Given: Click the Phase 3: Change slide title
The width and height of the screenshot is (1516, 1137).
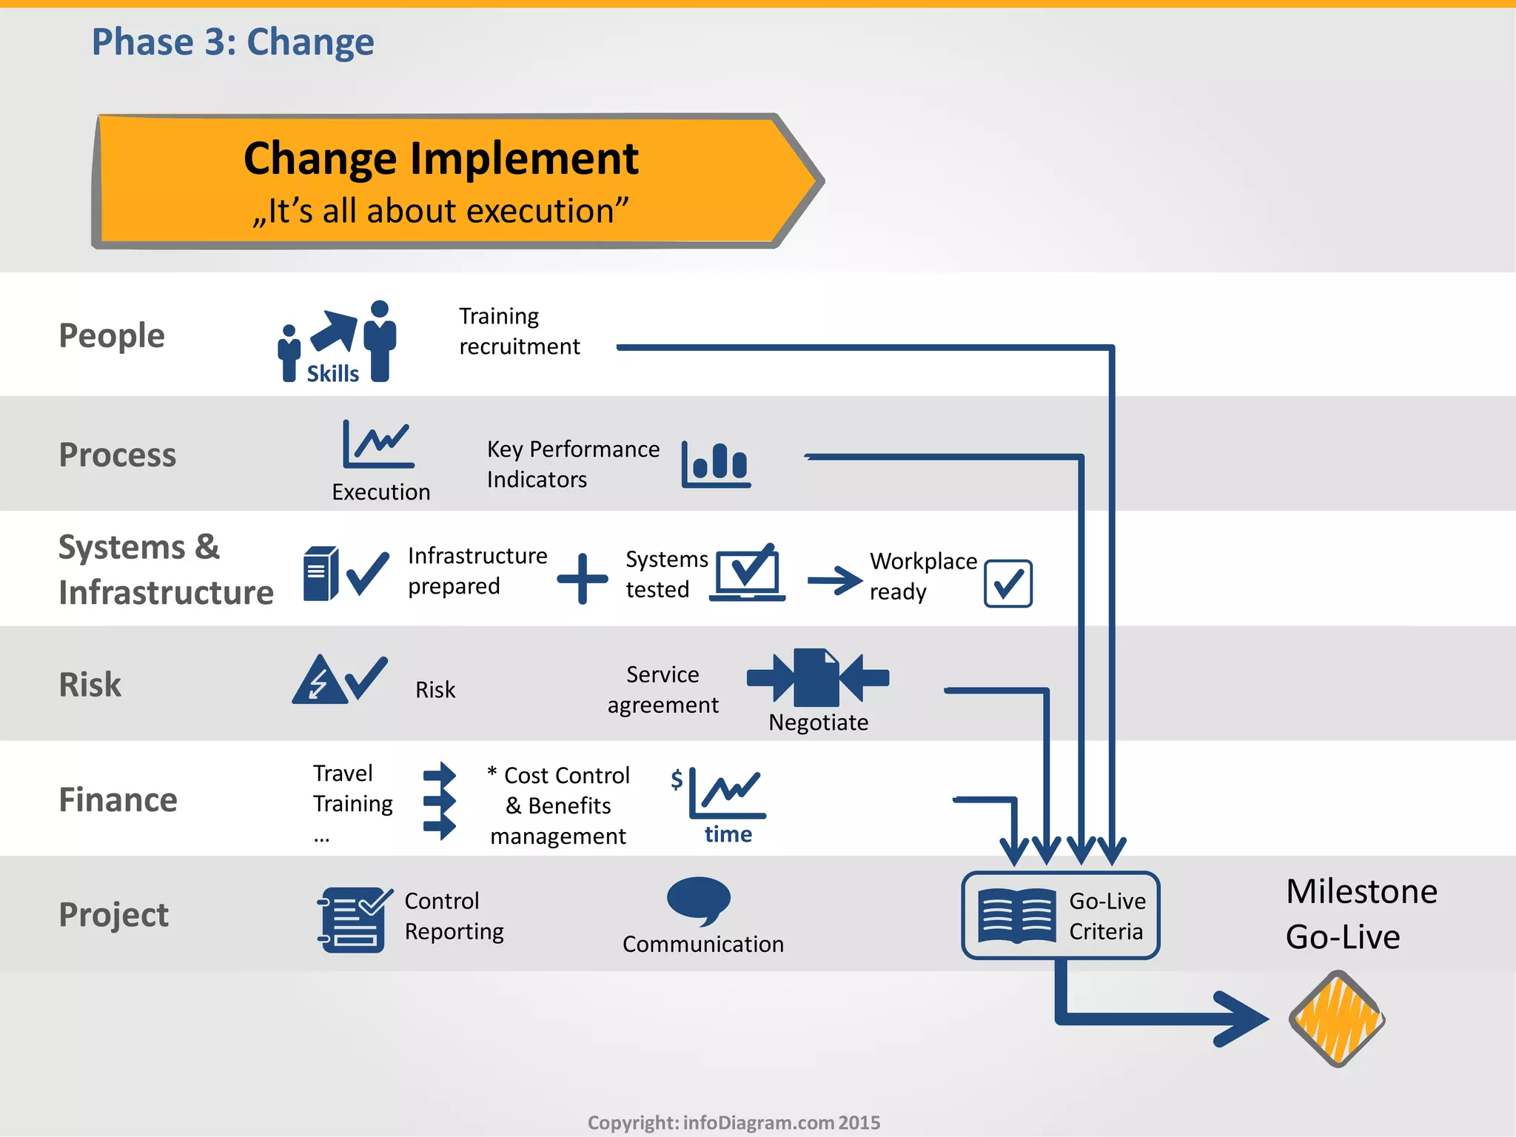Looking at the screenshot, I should pyautogui.click(x=232, y=41).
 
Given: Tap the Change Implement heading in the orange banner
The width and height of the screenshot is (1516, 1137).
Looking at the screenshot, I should pyautogui.click(x=440, y=158).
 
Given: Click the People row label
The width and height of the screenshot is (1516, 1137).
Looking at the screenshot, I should pyautogui.click(x=111, y=335).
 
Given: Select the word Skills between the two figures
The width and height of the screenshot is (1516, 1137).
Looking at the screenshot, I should pyautogui.click(x=332, y=374).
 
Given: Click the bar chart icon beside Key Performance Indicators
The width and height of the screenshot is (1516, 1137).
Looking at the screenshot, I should pyautogui.click(x=716, y=465).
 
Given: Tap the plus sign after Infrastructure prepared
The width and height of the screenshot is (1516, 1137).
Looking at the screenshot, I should pyautogui.click(x=583, y=578).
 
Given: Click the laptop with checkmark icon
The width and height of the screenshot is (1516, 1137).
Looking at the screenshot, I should pyautogui.click(x=748, y=573).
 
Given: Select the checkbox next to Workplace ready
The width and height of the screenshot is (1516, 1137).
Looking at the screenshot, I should pyautogui.click(x=1007, y=583).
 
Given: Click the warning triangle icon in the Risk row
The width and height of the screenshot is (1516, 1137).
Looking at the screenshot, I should pyautogui.click(x=319, y=681).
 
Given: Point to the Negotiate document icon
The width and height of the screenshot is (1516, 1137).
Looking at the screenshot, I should pyautogui.click(x=816, y=677).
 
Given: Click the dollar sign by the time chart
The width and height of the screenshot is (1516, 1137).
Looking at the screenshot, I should pyautogui.click(x=677, y=779).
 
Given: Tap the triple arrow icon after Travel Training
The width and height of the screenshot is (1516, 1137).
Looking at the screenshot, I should pyautogui.click(x=440, y=801).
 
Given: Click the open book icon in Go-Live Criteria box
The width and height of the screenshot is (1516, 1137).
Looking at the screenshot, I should pyautogui.click(x=1016, y=916).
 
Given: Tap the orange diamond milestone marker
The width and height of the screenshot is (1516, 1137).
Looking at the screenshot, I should pyautogui.click(x=1336, y=1019).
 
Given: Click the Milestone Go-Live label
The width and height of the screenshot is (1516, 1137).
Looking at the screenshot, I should pyautogui.click(x=1361, y=913).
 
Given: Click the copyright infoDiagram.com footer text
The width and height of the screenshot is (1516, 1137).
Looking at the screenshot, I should pyautogui.click(x=734, y=1122).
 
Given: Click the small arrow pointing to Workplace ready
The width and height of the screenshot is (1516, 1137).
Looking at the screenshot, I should pyautogui.click(x=835, y=580).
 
